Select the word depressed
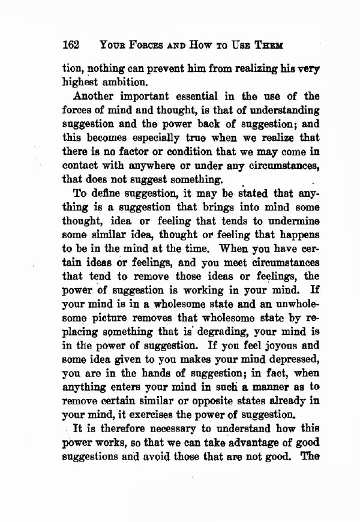click(x=289, y=359)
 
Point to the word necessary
click(x=161, y=429)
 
